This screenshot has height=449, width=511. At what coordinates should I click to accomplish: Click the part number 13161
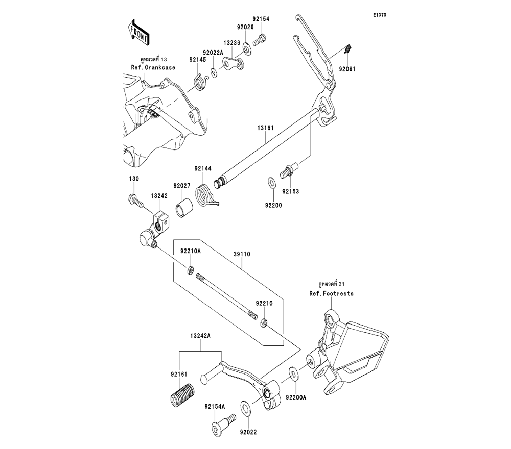tap(265, 130)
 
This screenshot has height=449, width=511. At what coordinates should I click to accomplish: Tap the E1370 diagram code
tap(379, 15)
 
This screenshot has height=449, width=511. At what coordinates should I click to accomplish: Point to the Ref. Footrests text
tap(331, 294)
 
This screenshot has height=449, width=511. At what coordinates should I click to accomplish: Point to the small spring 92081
tap(346, 49)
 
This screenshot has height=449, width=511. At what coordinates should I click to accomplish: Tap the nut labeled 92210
tap(264, 322)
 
